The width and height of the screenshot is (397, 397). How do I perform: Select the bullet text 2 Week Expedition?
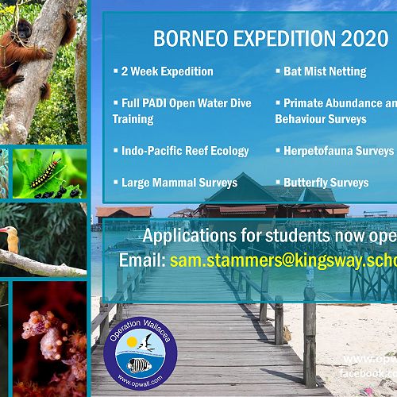click(167, 71)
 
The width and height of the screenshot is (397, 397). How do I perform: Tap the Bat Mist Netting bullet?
click(325, 71)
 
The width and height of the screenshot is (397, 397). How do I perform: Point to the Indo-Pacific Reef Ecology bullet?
click(185, 151)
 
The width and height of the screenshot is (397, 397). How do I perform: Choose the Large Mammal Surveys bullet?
click(179, 183)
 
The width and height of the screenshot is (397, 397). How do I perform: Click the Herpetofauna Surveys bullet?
click(338, 151)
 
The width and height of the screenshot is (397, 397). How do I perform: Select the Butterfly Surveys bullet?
click(326, 183)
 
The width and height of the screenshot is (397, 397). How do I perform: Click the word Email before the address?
click(140, 261)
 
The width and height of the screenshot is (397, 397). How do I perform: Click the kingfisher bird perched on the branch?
click(11, 238)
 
